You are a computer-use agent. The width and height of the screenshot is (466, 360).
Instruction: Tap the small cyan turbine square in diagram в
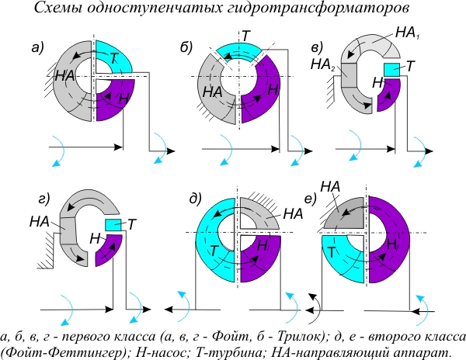391,70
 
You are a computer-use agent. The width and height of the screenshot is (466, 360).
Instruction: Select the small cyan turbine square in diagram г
112,224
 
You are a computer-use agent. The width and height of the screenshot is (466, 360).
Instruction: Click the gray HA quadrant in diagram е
346,212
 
